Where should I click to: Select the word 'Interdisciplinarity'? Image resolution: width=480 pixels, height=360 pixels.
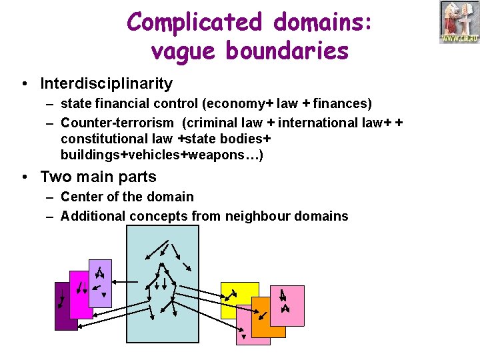[106, 84]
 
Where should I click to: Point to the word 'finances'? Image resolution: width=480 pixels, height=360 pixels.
[341, 103]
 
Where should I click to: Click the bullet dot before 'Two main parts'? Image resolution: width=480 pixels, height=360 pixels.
[24, 177]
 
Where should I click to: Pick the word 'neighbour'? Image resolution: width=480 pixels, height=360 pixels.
[255, 216]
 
